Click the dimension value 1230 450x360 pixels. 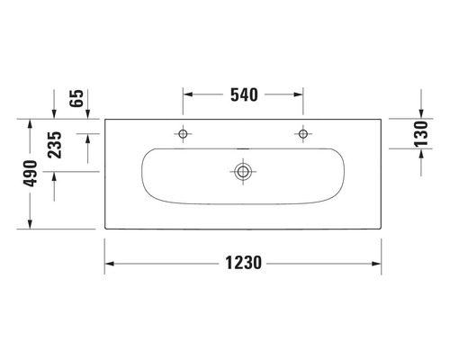pos(242,264)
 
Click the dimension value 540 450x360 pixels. pos(243,94)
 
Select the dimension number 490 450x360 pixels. pos(31,173)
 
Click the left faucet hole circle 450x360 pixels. pos(184,134)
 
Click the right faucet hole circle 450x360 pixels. pos(301,134)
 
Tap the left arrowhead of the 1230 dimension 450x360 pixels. pos(110,264)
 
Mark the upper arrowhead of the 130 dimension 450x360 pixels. pos(421,115)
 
